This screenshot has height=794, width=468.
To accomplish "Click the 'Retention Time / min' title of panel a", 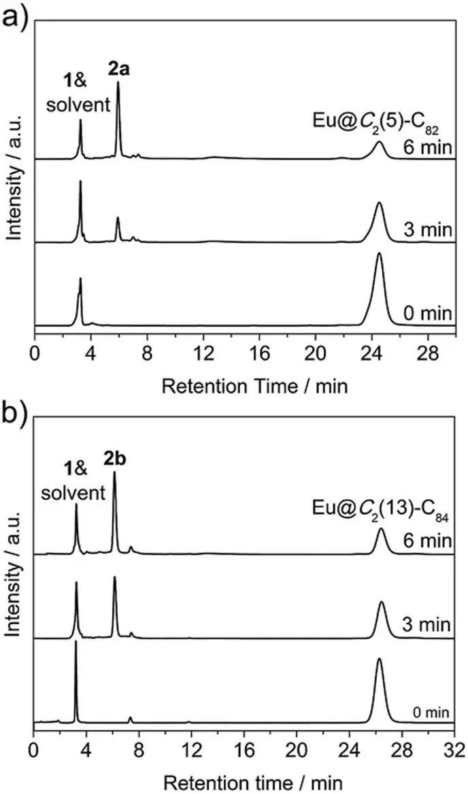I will tap(254, 386).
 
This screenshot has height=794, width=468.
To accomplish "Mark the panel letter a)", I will tap(15, 15).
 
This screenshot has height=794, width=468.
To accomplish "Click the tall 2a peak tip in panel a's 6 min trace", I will tap(118, 83).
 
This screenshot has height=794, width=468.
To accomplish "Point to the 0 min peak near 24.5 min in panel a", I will tap(379, 254).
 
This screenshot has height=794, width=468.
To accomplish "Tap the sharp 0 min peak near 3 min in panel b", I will tap(76, 641).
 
